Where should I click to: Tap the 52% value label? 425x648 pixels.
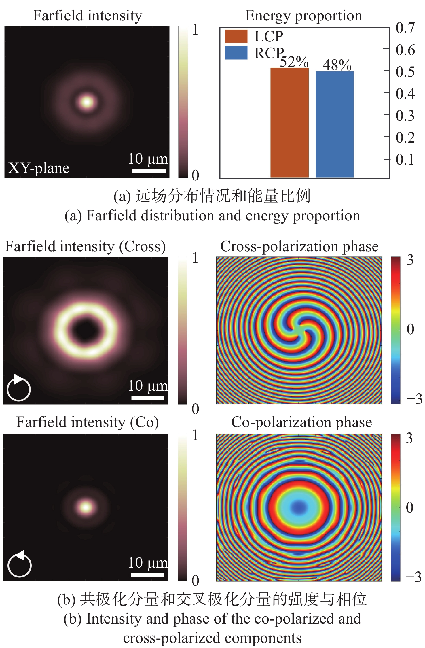coord(294,62)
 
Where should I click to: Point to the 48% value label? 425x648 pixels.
coord(337,65)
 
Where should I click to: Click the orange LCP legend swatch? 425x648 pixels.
coord(236,36)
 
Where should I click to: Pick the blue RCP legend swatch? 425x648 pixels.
coord(236,53)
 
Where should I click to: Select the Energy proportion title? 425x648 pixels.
coord(303,16)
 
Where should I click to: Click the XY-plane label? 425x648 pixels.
coord(39,168)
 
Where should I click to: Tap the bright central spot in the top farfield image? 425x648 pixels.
coord(87,102)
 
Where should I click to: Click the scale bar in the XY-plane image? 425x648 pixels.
coord(149,171)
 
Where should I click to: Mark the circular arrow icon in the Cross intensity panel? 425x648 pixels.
coord(19,388)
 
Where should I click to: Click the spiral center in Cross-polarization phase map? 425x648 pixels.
coord(299,330)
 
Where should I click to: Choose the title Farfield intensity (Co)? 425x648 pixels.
coord(88,422)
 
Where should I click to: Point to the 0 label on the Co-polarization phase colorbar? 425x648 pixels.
coord(410,508)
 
